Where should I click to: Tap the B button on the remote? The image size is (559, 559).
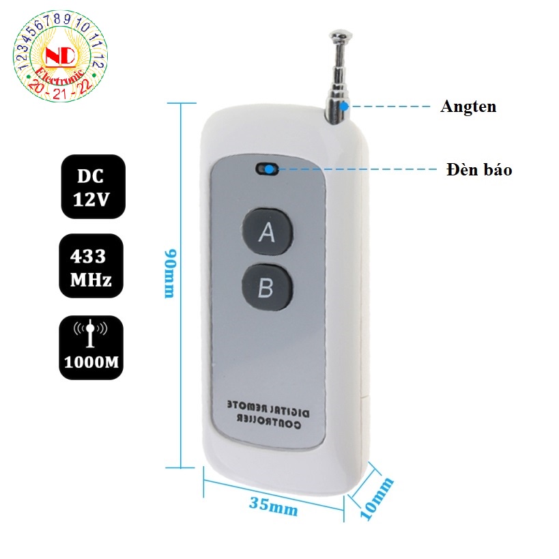[x=266, y=287]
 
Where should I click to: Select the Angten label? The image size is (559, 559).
[x=468, y=106]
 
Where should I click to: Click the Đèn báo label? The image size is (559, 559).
[x=479, y=169]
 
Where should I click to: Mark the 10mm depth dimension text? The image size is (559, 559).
[x=377, y=499]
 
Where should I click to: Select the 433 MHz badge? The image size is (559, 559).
[x=91, y=266]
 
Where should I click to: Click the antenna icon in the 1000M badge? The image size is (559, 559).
[x=91, y=332]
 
